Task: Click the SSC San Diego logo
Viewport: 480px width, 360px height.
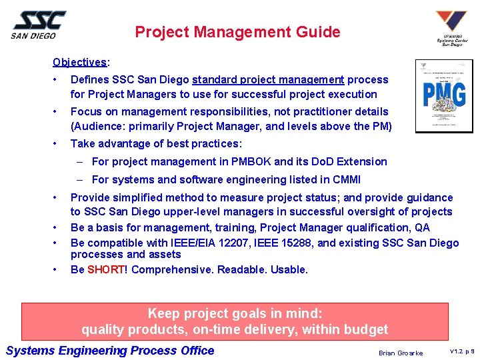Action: click(39, 25)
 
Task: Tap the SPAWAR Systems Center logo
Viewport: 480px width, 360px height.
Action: click(451, 28)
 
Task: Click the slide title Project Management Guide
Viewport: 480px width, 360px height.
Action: click(237, 32)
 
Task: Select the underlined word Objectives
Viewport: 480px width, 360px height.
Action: click(79, 62)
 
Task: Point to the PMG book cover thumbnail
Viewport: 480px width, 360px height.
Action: click(443, 96)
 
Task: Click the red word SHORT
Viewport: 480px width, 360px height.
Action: click(105, 270)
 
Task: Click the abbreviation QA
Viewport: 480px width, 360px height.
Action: click(422, 227)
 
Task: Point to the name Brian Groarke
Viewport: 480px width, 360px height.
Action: click(400, 353)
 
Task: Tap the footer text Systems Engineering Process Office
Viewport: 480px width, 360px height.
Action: click(110, 351)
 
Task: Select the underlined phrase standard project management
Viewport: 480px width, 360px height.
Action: click(268, 80)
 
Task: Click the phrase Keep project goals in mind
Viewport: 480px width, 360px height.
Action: click(235, 313)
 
